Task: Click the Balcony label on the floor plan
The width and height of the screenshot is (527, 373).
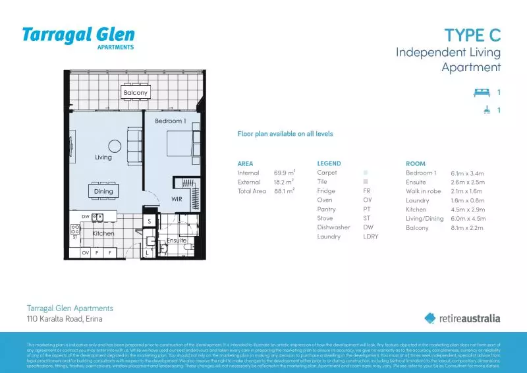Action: (135, 93)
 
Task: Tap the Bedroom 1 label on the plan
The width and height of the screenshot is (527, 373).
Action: (170, 121)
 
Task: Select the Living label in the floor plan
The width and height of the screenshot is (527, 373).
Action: (103, 158)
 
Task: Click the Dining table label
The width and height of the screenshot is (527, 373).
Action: (103, 191)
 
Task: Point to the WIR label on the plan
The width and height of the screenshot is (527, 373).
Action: (177, 198)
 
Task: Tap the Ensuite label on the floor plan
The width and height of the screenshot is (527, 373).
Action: (176, 241)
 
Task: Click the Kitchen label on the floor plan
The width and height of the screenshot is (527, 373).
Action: (103, 233)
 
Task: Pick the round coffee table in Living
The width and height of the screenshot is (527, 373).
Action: (115, 146)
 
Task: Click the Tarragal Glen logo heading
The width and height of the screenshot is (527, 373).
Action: (78, 36)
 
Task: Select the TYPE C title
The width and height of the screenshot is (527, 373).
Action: (472, 35)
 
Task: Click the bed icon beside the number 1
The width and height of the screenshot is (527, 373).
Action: (482, 93)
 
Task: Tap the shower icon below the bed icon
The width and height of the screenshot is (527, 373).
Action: (485, 110)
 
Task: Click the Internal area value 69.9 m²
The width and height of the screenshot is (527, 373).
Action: (284, 173)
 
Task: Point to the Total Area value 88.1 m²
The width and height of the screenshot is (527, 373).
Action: (284, 191)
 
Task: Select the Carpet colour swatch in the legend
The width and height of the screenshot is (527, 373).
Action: (365, 173)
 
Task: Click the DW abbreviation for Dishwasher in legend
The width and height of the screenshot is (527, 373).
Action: (367, 227)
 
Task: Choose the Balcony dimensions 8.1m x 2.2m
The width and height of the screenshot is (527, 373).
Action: (467, 227)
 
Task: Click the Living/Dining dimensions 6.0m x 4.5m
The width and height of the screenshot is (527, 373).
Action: (468, 218)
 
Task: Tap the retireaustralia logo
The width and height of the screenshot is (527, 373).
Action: (462, 318)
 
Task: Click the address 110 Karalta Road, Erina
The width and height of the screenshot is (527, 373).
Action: (65, 319)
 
